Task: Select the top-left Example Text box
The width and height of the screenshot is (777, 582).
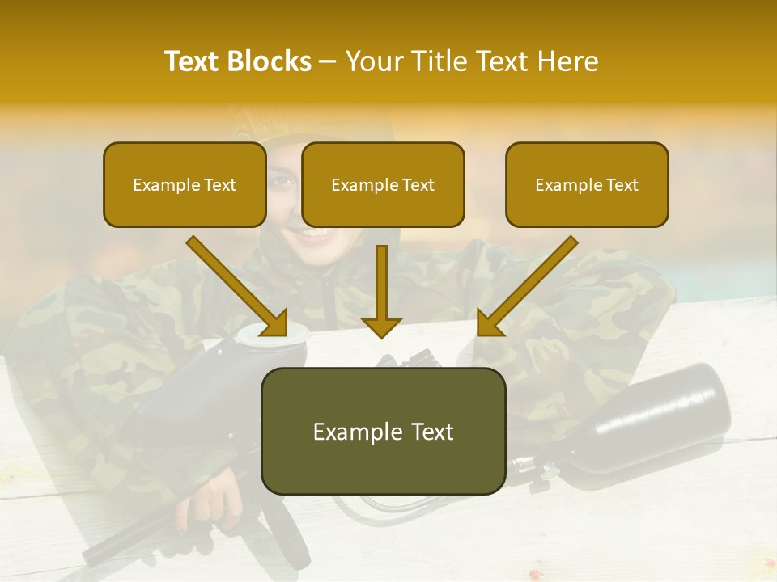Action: click(x=185, y=184)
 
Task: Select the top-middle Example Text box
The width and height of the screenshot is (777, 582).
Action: click(x=383, y=184)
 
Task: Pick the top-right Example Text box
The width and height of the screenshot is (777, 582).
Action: click(x=587, y=184)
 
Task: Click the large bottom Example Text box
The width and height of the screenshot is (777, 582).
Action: click(x=383, y=431)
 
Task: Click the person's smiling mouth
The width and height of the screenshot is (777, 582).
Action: click(x=312, y=234)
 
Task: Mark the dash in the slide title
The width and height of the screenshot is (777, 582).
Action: click(x=328, y=62)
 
